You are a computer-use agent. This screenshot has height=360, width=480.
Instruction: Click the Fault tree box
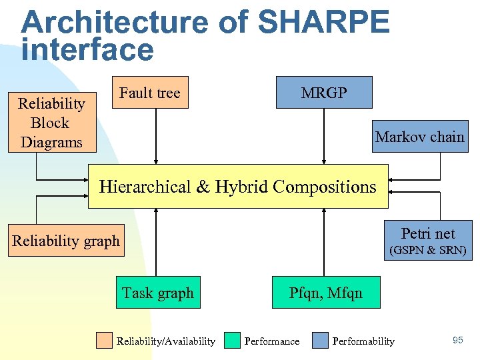[x=149, y=93]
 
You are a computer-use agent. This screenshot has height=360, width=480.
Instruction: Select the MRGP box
[x=324, y=93]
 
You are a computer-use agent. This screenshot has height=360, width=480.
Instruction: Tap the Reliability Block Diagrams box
[x=51, y=123]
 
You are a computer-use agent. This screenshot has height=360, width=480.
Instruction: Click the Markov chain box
[x=419, y=137]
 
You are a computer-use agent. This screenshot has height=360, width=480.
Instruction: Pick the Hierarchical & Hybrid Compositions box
[x=238, y=187]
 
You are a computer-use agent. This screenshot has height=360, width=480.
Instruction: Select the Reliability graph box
[x=65, y=241]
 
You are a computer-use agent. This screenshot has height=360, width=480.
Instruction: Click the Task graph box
[x=158, y=293]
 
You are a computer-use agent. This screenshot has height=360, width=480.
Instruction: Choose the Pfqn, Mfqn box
[x=325, y=293]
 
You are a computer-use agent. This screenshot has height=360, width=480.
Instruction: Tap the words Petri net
[x=428, y=233]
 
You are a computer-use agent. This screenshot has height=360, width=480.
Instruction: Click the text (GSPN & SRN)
[x=428, y=251]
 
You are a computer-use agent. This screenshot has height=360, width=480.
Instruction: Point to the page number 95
[x=457, y=341]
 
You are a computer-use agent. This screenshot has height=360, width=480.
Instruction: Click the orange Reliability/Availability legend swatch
[x=104, y=341]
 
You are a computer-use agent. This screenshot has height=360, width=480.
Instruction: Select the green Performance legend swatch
[x=232, y=341]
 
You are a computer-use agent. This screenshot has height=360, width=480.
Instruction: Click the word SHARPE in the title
[x=323, y=23]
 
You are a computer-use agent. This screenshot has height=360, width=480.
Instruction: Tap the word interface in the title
[x=87, y=50]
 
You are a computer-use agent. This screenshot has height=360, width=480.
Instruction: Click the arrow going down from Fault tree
[x=156, y=136]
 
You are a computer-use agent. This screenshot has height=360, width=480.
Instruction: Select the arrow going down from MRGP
[x=324, y=136]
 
